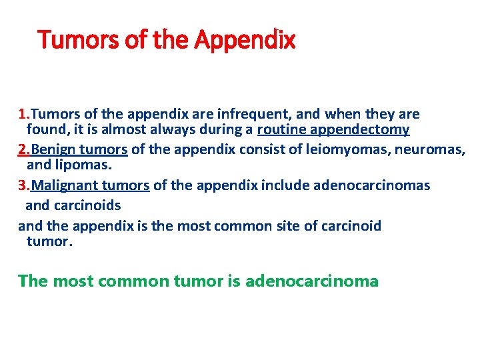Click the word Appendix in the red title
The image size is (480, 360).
(x=245, y=41)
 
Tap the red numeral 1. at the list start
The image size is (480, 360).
(x=24, y=114)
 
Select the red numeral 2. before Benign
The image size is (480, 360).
(x=24, y=150)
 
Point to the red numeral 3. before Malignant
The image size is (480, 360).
(x=24, y=185)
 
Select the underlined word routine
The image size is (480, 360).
(x=280, y=130)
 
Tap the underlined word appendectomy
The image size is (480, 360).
(x=359, y=130)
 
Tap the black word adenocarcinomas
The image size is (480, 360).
(x=379, y=185)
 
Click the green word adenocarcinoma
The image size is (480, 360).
(x=312, y=281)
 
